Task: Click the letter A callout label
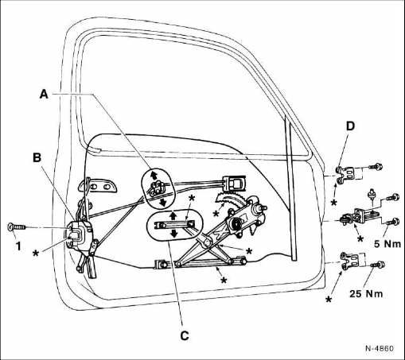click(44, 95)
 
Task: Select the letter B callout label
click(37, 157)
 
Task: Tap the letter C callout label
click(185, 335)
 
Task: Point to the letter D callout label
click(350, 126)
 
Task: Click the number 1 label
click(18, 246)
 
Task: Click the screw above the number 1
click(17, 227)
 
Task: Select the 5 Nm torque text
click(387, 244)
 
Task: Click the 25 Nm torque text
click(366, 293)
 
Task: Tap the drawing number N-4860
click(380, 348)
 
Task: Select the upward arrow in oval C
click(173, 215)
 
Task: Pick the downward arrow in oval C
click(174, 234)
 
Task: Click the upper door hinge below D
click(345, 174)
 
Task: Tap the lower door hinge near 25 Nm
click(349, 261)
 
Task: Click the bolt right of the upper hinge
click(376, 167)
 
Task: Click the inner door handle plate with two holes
click(99, 186)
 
